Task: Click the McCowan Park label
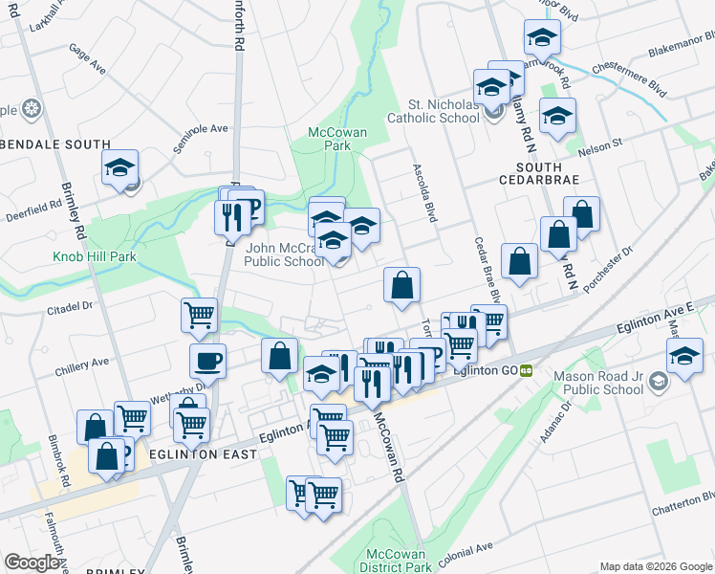coord(329,139)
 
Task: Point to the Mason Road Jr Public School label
coord(598,383)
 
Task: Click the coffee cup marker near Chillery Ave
coord(207,362)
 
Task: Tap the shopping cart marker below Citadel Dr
coord(199,315)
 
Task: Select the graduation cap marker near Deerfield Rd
coord(121,168)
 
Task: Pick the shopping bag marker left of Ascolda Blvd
coord(402,284)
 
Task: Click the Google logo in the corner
coord(32,563)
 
